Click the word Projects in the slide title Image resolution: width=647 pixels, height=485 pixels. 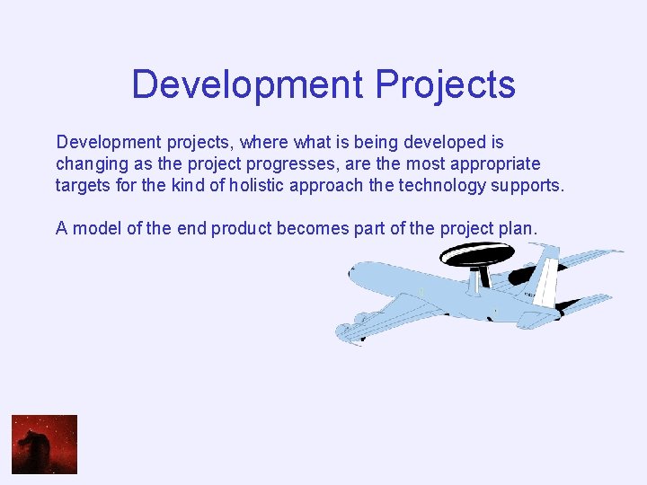[446, 85]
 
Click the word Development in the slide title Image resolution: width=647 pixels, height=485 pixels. [247, 85]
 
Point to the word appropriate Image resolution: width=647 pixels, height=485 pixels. [497, 164]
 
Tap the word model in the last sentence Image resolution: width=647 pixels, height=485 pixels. [96, 228]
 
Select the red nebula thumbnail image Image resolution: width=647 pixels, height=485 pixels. [44, 444]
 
